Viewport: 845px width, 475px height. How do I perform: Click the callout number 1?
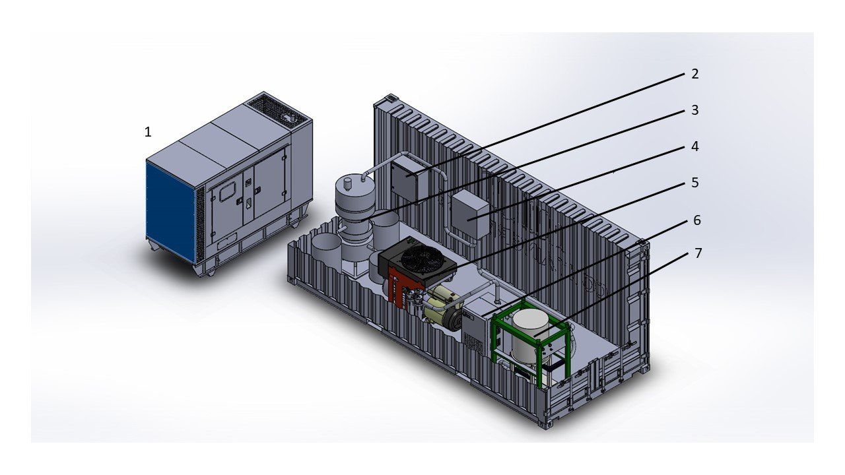(x=148, y=132)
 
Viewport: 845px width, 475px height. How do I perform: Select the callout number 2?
(x=695, y=74)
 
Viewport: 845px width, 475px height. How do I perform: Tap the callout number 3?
(x=695, y=110)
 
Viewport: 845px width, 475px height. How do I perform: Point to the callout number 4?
(x=695, y=146)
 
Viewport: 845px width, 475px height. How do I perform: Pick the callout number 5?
(x=695, y=183)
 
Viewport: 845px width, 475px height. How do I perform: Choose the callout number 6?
(x=696, y=220)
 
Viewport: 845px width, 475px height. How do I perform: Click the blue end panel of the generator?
(x=170, y=211)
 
